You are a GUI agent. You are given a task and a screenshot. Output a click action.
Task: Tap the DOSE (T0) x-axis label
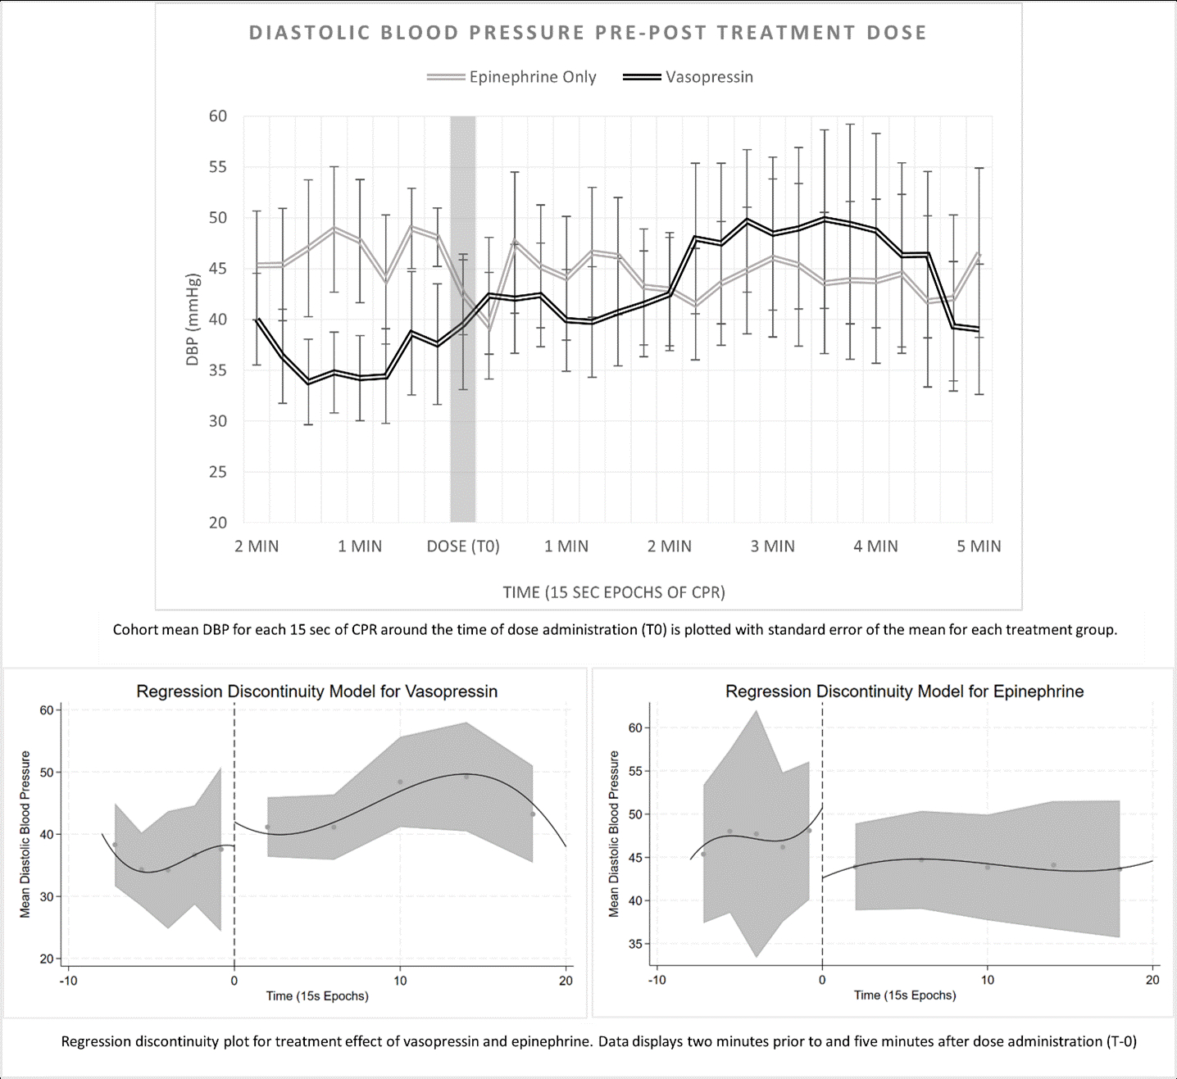[463, 546]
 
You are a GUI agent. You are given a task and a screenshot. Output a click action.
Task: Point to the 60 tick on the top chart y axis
[217, 116]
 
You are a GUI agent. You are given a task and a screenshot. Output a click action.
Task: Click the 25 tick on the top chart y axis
[217, 472]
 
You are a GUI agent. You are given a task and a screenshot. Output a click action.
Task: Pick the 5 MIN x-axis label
[979, 546]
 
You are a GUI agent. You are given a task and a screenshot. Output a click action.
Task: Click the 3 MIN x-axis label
[772, 546]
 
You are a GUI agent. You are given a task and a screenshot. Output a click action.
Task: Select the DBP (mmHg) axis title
[193, 320]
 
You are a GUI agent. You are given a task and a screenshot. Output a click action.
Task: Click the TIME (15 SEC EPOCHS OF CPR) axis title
[614, 592]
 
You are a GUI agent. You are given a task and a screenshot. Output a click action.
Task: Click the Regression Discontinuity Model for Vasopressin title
[316, 691]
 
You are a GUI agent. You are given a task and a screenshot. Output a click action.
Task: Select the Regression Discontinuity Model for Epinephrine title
[904, 691]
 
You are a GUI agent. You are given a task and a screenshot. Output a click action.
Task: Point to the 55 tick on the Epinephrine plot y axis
[635, 771]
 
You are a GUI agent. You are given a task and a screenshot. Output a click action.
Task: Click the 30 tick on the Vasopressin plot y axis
[47, 897]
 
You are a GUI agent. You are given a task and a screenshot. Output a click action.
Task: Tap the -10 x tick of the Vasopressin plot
[68, 981]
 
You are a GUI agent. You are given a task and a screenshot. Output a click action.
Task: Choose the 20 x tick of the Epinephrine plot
[1152, 980]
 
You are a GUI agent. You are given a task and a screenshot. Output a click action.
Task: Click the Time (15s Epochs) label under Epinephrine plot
[905, 995]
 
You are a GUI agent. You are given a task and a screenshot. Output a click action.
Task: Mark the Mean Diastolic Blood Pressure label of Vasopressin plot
[25, 834]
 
